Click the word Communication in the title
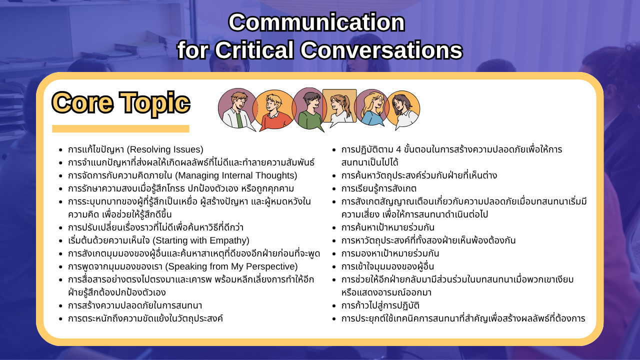(x=316, y=22)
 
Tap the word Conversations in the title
(x=381, y=49)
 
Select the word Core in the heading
(x=82, y=102)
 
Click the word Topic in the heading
(x=154, y=103)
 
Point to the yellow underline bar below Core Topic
(x=120, y=128)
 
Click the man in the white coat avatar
(x=237, y=109)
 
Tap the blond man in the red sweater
(x=273, y=110)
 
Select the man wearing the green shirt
(x=309, y=109)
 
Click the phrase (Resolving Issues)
(x=165, y=149)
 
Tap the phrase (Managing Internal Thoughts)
(x=236, y=175)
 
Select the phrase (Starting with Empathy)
(x=201, y=240)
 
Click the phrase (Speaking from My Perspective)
(x=231, y=266)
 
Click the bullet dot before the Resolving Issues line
(x=60, y=150)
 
